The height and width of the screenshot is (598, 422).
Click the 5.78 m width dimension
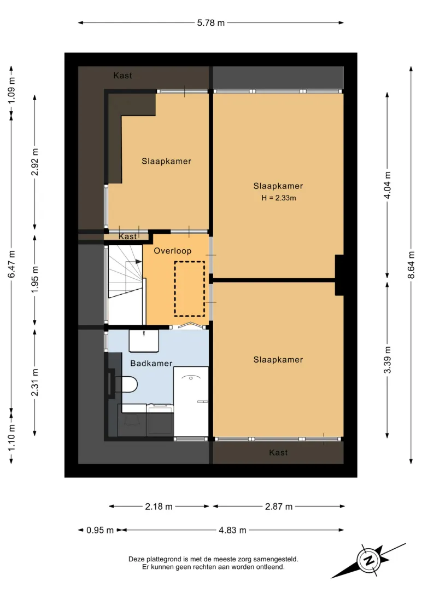211,23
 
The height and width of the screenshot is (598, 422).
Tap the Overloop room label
172,251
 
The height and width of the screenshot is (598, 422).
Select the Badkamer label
151,364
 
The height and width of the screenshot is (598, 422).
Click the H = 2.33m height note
279,198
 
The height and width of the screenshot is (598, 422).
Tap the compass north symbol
369,561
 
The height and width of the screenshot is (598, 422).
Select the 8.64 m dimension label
411,264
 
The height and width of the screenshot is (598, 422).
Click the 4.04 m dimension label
388,185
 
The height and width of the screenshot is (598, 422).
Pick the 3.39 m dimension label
388,360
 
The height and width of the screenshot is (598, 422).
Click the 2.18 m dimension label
159,507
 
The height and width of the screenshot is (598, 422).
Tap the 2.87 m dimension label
279,507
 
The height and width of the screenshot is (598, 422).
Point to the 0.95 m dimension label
100,530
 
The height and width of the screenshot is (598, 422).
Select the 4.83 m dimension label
232,530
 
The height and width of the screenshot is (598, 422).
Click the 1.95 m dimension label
34,279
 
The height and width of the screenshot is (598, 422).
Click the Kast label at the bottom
278,453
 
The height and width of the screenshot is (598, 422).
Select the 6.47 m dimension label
11,264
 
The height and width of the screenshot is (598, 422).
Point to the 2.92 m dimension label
34,162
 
